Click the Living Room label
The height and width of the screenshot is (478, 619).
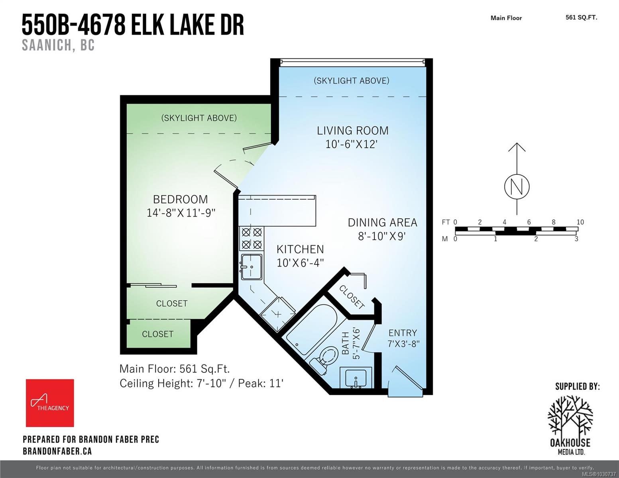pos(352,131)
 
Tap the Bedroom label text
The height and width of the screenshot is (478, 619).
pos(181,199)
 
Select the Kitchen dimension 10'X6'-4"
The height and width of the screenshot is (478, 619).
pos(300,263)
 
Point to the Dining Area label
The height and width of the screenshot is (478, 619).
pos(382,222)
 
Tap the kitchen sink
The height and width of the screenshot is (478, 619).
pos(252,266)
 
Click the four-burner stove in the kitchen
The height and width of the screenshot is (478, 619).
pos(252,238)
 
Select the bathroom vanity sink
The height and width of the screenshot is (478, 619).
pos(356,376)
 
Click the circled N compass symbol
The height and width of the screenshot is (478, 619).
pos(517,187)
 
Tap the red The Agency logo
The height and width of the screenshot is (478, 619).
pos(50,403)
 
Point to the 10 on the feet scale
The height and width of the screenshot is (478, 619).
pos(580,222)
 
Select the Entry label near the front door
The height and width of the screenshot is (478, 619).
pos(403,333)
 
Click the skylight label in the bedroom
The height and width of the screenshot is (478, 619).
pos(199,118)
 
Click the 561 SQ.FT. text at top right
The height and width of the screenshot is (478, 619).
pos(581,17)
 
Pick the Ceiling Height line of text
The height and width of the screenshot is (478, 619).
pos(201,383)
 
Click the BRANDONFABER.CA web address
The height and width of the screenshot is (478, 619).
pos(57,451)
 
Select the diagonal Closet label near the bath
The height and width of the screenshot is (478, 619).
pos(352,297)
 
